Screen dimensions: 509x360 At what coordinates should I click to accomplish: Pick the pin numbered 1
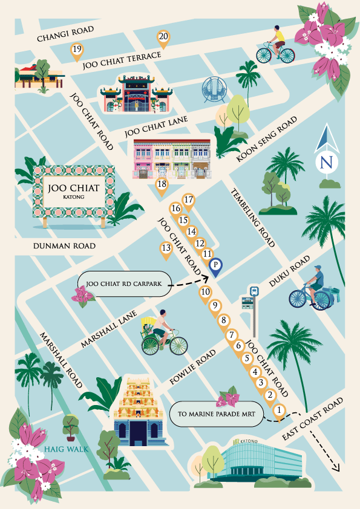coord(279,410)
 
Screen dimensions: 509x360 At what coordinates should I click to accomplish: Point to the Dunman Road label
coord(65,246)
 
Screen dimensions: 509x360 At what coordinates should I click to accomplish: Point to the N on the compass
coord(327,161)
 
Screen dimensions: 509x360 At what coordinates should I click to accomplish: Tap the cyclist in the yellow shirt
coord(275,45)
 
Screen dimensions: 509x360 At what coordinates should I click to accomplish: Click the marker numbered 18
coord(162,185)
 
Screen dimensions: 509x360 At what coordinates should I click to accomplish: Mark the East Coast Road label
coord(314,420)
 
